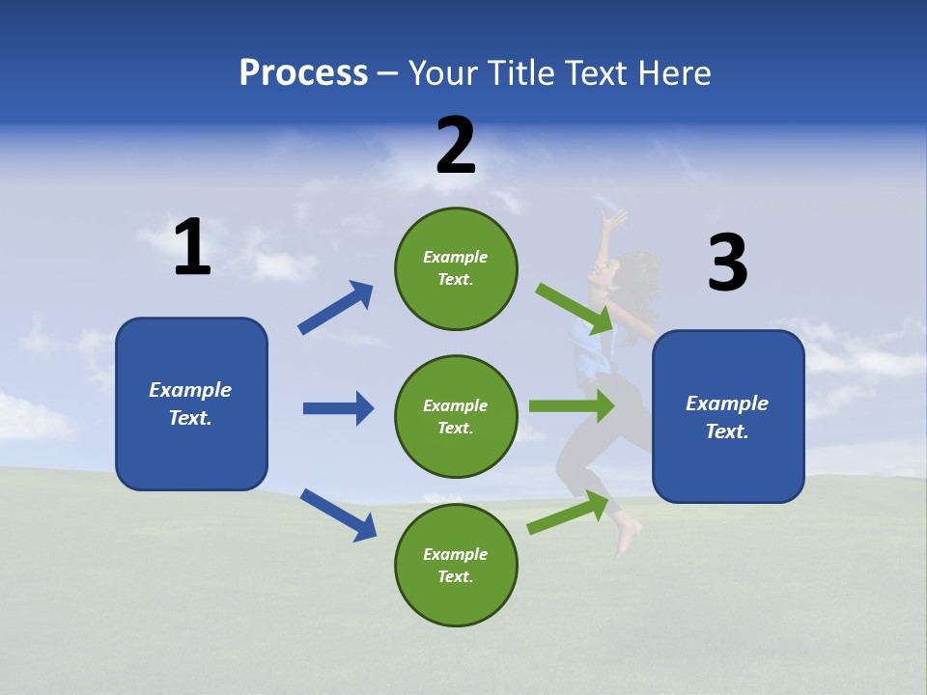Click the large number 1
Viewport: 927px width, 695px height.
coord(192,248)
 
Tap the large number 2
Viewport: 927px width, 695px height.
coord(456,146)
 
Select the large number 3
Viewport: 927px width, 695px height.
coord(727,264)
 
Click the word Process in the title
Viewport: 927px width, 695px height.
coord(303,72)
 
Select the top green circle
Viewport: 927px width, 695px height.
coord(456,268)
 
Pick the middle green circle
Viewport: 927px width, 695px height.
coord(456,416)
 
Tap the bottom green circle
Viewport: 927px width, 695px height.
coord(456,565)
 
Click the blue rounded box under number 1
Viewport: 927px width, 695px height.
coord(191,403)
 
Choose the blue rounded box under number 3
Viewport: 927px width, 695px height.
coord(728,416)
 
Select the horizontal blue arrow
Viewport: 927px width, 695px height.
coord(338,408)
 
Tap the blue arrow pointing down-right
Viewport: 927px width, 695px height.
coord(339,514)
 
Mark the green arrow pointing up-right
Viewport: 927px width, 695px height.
coord(569,513)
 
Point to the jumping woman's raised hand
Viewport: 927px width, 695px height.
coord(613,219)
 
